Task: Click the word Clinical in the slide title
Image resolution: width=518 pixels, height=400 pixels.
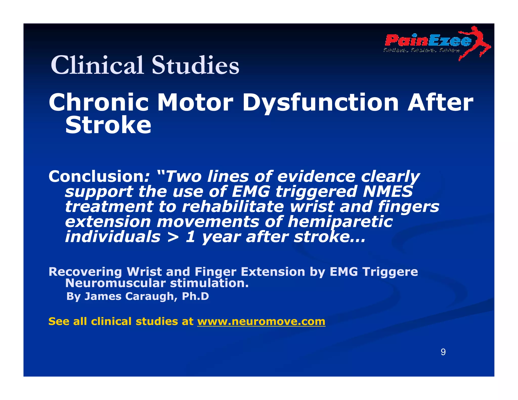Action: [97, 65]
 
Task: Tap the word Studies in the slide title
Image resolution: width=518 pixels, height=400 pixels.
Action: [195, 65]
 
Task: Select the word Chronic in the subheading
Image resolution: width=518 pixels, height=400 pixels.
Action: [99, 102]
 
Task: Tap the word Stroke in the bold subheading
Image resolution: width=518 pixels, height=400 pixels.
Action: [108, 125]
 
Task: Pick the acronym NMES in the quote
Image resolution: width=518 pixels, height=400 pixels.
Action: [388, 191]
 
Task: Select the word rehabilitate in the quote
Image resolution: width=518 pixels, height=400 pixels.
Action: [233, 207]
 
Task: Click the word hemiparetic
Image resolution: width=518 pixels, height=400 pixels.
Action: [340, 222]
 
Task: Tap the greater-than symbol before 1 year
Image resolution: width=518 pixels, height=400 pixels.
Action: [173, 237]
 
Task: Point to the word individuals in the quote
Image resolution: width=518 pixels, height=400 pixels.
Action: [113, 237]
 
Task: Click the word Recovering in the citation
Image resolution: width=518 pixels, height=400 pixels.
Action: [85, 272]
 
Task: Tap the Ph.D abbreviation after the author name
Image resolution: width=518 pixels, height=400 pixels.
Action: [195, 296]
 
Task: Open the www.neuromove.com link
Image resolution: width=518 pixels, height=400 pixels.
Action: [261, 321]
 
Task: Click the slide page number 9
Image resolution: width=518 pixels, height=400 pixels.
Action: [443, 352]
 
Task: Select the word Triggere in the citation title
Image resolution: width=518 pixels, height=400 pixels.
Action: [390, 272]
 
